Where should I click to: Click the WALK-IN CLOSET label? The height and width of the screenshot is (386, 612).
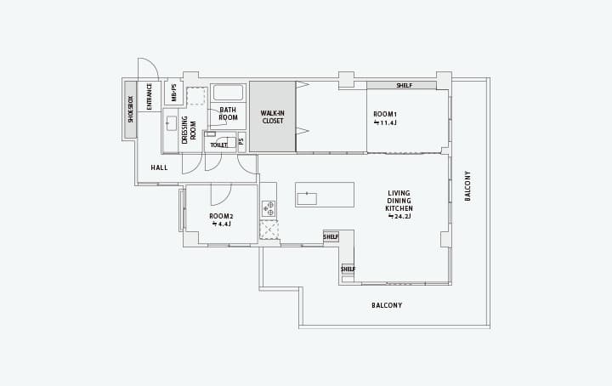pyautogui.click(x=273, y=117)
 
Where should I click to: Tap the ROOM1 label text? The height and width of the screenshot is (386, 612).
pyautogui.click(x=385, y=114)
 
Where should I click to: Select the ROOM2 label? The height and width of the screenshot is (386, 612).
pyautogui.click(x=221, y=216)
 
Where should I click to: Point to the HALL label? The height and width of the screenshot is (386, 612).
pyautogui.click(x=159, y=167)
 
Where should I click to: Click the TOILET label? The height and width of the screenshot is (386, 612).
pyautogui.click(x=218, y=145)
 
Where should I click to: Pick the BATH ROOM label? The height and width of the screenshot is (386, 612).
pyautogui.click(x=228, y=114)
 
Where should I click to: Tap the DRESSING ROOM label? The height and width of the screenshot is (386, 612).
pyautogui.click(x=189, y=129)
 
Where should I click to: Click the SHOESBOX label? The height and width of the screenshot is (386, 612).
pyautogui.click(x=131, y=110)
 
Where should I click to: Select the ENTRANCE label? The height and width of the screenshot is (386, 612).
pyautogui.click(x=149, y=96)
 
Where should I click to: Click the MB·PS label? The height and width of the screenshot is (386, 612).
pyautogui.click(x=173, y=93)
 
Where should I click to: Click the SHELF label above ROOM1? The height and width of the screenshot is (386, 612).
pyautogui.click(x=405, y=86)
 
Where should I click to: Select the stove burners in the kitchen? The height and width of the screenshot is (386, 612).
pyautogui.click(x=269, y=208)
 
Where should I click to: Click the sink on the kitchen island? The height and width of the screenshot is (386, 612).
pyautogui.click(x=307, y=199)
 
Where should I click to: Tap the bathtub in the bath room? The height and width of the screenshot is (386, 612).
pyautogui.click(x=228, y=93)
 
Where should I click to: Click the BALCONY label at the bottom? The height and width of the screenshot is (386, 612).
pyautogui.click(x=387, y=305)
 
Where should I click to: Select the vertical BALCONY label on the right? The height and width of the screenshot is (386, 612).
pyautogui.click(x=467, y=186)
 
